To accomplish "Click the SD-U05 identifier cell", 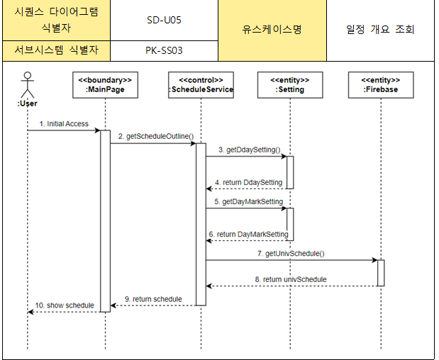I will (x=164, y=20).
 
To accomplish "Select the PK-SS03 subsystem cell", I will (x=164, y=50).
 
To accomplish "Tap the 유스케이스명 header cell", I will (x=272, y=30).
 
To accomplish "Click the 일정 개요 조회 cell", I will (x=380, y=30).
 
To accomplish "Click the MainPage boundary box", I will (x=105, y=85).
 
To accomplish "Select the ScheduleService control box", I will (x=201, y=85).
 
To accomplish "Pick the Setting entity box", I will (x=289, y=85).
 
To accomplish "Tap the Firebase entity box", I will (x=380, y=85).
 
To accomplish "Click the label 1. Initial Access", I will (x=64, y=124).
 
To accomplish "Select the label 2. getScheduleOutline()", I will (x=155, y=137).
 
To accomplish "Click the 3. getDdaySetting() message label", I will (x=249, y=150).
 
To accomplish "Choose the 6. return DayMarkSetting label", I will (x=248, y=235).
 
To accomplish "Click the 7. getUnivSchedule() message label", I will (x=296, y=254).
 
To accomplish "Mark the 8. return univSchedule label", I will (x=291, y=280).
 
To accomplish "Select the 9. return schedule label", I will (x=152, y=299).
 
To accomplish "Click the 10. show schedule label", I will (x=65, y=305).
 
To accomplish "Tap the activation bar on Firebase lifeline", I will (x=380, y=273).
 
